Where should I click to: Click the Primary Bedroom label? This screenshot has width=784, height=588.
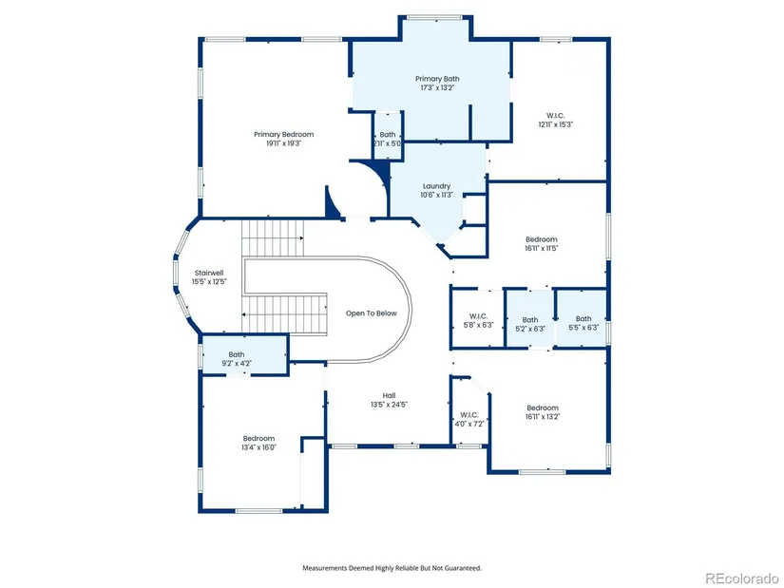click(x=283, y=134)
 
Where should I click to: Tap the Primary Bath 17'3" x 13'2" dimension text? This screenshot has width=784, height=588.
click(x=437, y=87)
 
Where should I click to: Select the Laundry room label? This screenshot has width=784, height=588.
click(x=436, y=186)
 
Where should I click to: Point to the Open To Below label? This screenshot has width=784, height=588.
click(x=371, y=313)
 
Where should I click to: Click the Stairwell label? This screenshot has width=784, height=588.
click(x=209, y=273)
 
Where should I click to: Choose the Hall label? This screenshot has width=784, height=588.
click(x=389, y=395)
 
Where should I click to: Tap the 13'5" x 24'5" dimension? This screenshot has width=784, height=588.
click(x=389, y=405)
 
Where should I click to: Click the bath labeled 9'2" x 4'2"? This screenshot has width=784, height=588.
click(x=237, y=359)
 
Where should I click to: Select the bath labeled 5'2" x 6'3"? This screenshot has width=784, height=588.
click(x=530, y=325)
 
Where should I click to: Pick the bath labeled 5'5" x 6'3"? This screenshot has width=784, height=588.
click(x=583, y=323)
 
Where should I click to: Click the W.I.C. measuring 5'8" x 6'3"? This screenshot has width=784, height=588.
click(x=479, y=320)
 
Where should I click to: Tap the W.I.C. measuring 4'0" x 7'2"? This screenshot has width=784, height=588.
click(x=469, y=420)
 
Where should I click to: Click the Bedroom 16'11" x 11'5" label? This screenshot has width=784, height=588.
click(x=542, y=243)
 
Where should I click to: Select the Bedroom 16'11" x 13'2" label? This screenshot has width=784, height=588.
click(x=543, y=412)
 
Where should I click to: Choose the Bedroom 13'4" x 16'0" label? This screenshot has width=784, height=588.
click(x=259, y=443)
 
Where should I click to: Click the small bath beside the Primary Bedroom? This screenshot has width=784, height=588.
click(x=388, y=139)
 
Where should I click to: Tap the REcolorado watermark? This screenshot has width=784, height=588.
click(x=741, y=578)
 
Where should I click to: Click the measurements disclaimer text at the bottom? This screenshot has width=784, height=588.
click(x=392, y=568)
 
